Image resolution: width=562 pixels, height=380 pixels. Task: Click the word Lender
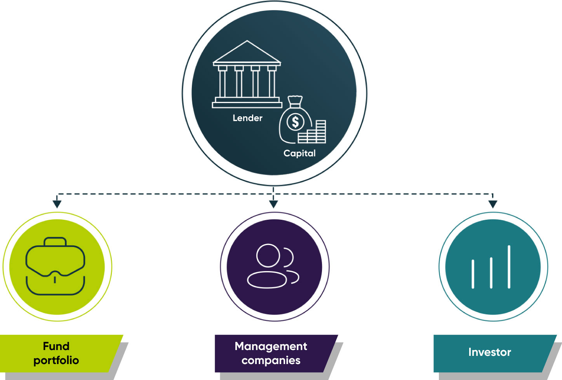[x=247, y=118]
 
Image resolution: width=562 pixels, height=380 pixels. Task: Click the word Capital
[x=299, y=153]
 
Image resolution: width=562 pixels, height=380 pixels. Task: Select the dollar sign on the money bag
[x=295, y=122]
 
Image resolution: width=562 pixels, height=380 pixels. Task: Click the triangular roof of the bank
[x=247, y=52]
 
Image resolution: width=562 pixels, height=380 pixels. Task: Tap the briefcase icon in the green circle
[x=55, y=266]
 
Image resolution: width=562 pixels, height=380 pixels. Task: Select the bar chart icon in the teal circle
[x=491, y=268]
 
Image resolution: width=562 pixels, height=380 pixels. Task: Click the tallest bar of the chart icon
[x=509, y=267]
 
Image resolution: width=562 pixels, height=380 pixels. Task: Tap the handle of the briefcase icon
[x=55, y=242]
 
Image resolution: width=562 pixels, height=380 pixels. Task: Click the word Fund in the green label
[x=56, y=346]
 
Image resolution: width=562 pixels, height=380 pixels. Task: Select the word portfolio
[x=56, y=361]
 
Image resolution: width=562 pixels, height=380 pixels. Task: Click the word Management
[x=271, y=346]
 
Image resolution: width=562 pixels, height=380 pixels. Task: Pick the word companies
[x=271, y=361]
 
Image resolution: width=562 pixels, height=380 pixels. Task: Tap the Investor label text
[x=489, y=352]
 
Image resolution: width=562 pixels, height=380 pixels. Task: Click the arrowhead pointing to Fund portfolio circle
[x=57, y=204]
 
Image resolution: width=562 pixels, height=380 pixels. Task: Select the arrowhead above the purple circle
[x=273, y=204]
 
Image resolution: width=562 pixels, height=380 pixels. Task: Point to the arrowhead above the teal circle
[x=492, y=204]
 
